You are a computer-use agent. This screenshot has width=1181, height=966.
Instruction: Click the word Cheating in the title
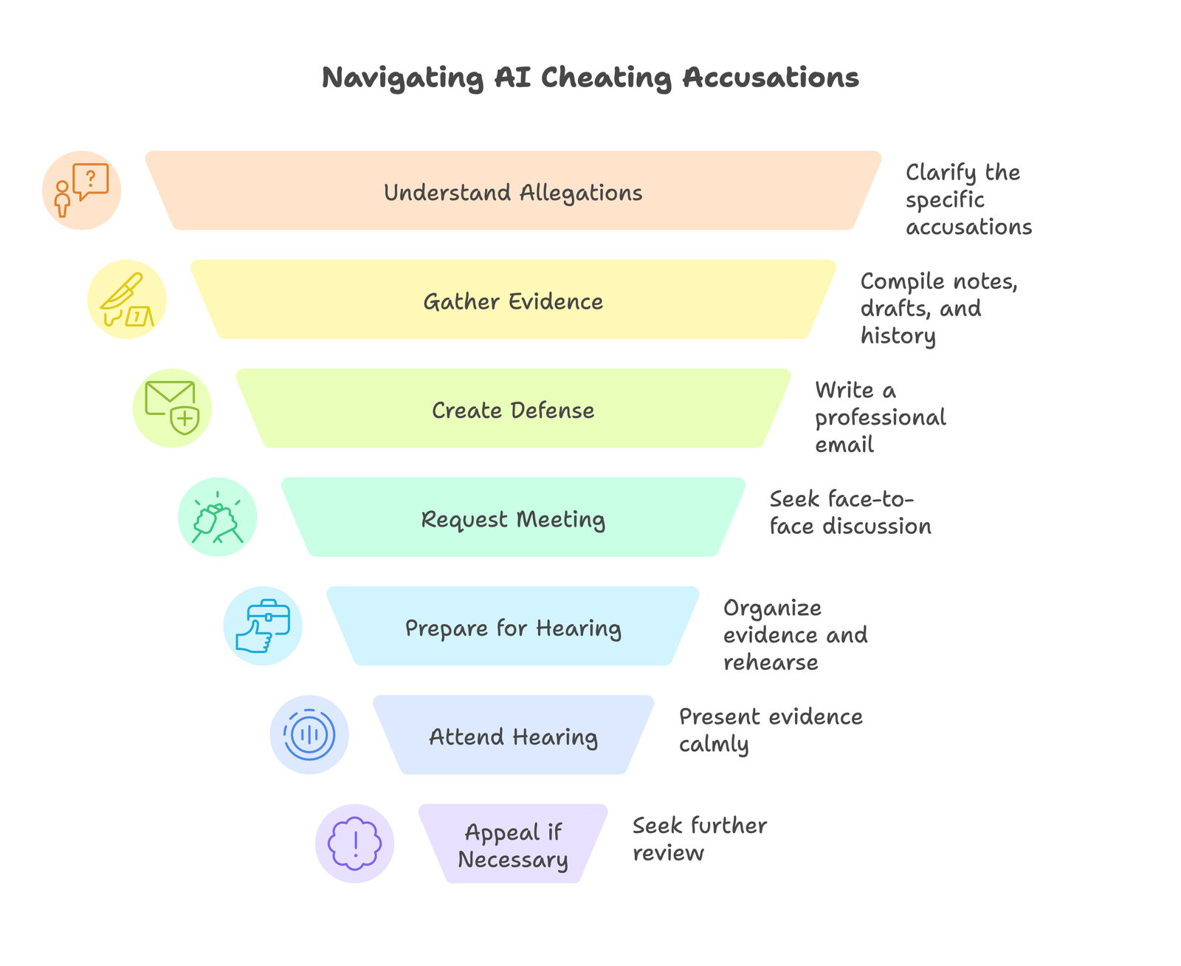(606, 78)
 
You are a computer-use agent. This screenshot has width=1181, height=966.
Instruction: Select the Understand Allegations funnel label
(513, 193)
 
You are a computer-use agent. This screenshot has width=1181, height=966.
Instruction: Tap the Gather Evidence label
(513, 301)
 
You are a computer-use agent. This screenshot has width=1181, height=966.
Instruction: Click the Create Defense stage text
(513, 410)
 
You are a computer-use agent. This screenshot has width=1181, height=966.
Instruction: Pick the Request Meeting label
(513, 519)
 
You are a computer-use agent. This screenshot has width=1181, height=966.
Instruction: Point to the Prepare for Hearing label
(513, 628)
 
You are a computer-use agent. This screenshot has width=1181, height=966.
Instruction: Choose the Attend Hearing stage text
(513, 736)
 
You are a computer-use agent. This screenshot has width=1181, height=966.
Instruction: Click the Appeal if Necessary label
(513, 846)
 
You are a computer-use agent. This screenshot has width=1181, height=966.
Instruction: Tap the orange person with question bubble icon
(81, 191)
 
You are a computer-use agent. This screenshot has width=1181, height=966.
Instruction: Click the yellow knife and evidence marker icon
(127, 299)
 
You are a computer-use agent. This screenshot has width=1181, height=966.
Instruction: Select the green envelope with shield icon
(172, 408)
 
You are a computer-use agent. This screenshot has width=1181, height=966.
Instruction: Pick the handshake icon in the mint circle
(218, 517)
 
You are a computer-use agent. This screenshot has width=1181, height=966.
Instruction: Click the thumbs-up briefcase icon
(263, 626)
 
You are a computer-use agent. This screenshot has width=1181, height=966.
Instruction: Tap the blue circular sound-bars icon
(309, 735)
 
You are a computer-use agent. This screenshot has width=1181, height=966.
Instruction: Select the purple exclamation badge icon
(355, 843)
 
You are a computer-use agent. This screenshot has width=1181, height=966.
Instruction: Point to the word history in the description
(898, 336)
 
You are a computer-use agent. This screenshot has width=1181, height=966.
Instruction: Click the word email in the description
(844, 445)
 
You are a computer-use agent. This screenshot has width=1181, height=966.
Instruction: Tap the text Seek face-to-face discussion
(849, 513)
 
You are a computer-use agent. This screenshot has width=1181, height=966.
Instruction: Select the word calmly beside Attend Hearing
(714, 744)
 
